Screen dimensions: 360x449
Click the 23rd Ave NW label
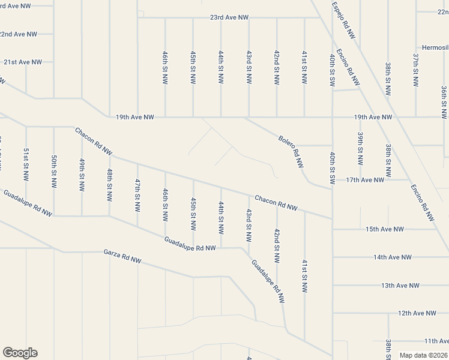click(229, 18)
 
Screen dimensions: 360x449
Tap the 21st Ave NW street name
click(23, 62)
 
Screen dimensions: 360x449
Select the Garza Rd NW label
click(122, 257)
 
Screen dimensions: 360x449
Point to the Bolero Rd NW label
click(291, 152)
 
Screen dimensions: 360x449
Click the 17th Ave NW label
click(365, 180)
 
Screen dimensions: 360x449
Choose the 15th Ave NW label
click(385, 229)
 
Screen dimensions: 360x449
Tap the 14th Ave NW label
click(393, 257)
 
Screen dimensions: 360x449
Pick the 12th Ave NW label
click(417, 313)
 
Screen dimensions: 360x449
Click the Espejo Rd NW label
click(343, 21)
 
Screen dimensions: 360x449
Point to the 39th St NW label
click(360, 148)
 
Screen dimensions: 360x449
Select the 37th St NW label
click(415, 68)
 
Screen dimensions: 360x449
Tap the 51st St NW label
click(26, 164)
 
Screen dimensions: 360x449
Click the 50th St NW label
click(54, 170)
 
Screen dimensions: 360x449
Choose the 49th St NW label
click(82, 175)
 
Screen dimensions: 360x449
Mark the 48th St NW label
click(109, 185)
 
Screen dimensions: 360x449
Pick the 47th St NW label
click(137, 195)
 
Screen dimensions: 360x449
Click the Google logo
click(20, 353)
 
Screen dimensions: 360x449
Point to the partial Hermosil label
click(434, 47)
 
